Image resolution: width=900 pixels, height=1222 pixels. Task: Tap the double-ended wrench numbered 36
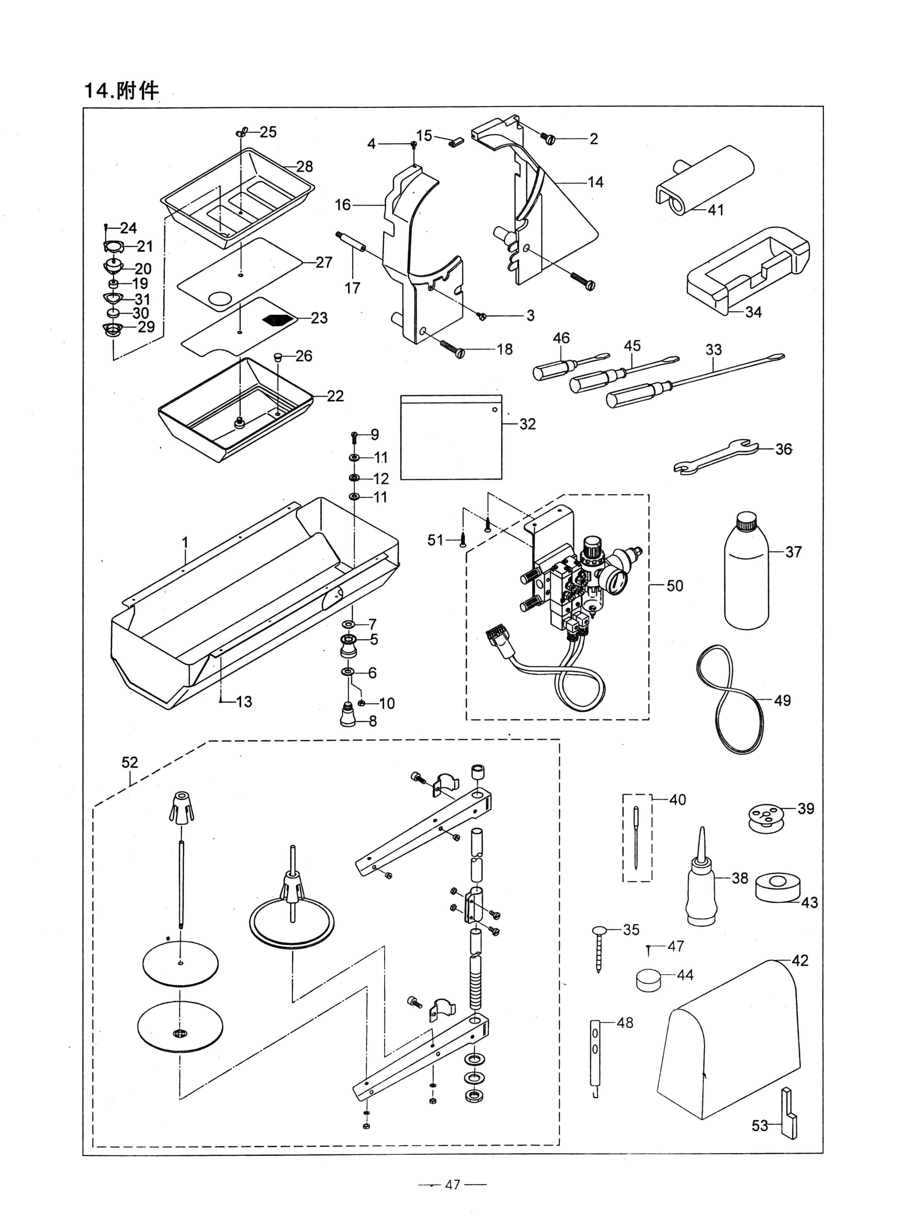(715, 457)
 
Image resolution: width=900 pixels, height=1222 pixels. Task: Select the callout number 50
(674, 586)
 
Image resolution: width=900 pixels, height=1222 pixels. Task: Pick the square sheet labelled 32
(451, 437)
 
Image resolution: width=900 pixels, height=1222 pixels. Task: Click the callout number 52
(130, 762)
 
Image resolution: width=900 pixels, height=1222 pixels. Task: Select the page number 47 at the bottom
(452, 1184)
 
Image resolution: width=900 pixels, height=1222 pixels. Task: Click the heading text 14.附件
(121, 90)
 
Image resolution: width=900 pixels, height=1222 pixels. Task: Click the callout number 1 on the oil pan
(185, 543)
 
